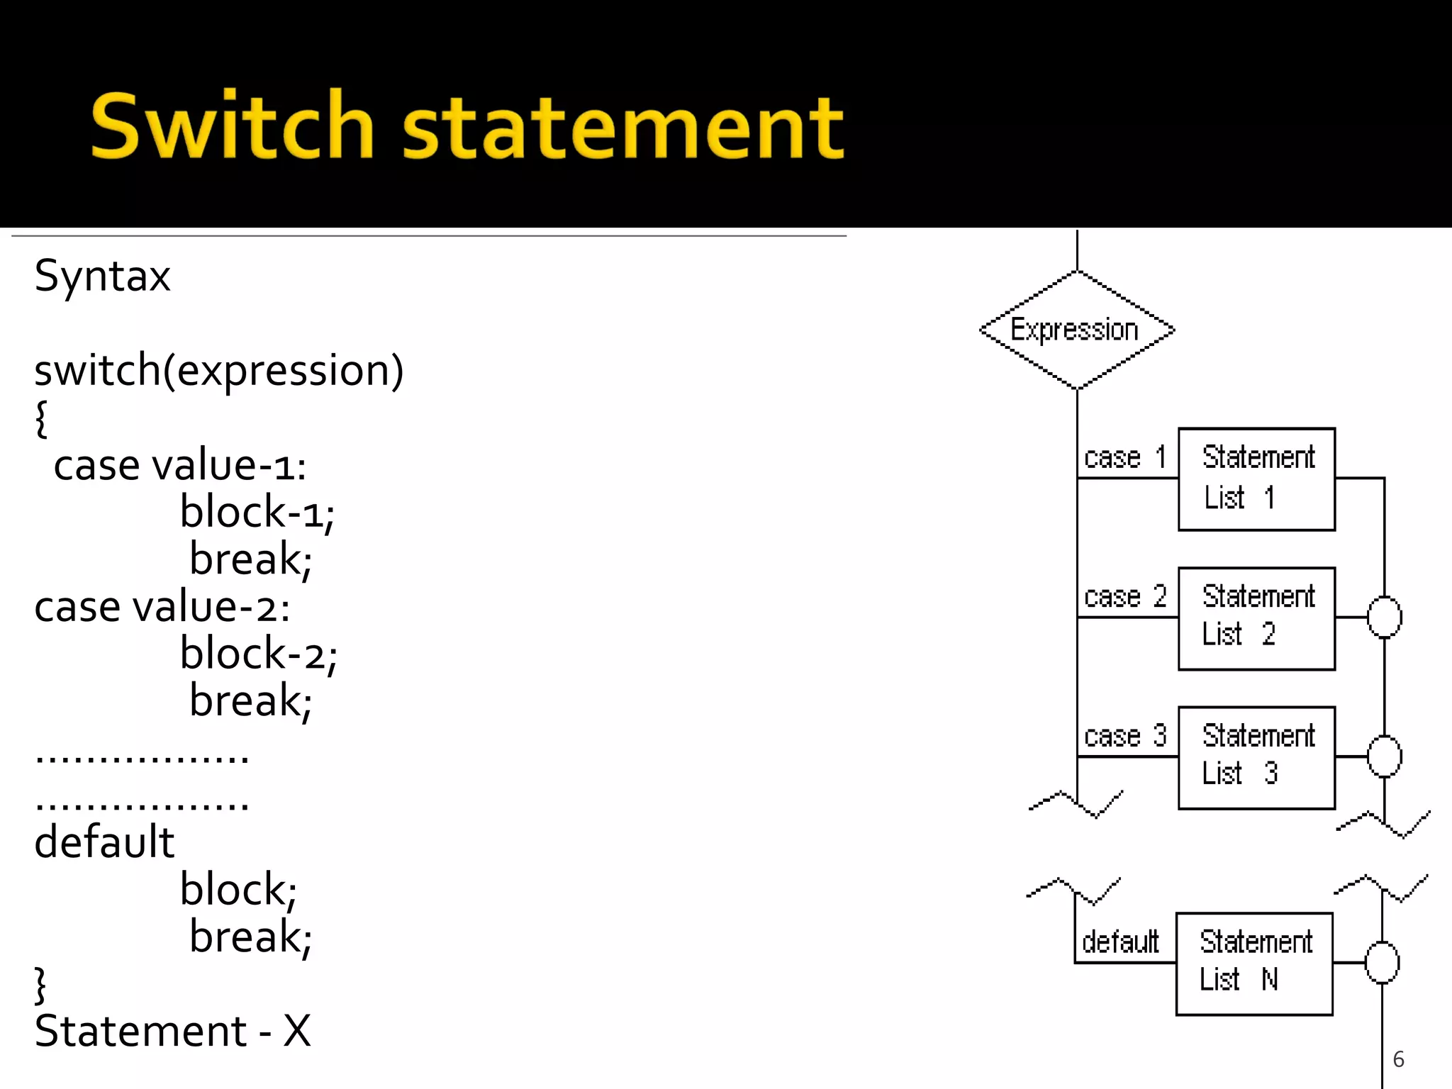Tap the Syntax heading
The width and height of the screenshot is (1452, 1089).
point(102,276)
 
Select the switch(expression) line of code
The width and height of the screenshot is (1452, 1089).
point(218,370)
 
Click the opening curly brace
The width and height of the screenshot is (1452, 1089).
point(41,418)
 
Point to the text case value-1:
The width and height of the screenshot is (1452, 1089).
point(180,466)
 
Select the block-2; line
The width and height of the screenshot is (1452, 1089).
point(258,653)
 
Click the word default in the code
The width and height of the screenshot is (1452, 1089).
point(104,842)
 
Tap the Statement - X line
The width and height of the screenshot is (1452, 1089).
point(172,1031)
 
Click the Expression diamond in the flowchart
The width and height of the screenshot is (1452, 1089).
point(1076,330)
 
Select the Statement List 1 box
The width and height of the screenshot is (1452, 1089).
point(1256,479)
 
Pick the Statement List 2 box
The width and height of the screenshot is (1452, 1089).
point(1256,618)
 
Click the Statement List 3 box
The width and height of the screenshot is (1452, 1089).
point(1256,757)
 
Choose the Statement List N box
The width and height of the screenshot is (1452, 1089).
point(1253,964)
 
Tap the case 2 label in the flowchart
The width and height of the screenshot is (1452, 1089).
point(1125,597)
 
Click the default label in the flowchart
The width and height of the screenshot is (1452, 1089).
point(1120,942)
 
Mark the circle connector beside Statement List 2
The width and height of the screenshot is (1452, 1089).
point(1384,618)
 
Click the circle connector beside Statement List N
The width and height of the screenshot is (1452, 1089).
point(1382,963)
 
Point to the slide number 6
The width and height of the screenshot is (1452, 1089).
point(1398,1059)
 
